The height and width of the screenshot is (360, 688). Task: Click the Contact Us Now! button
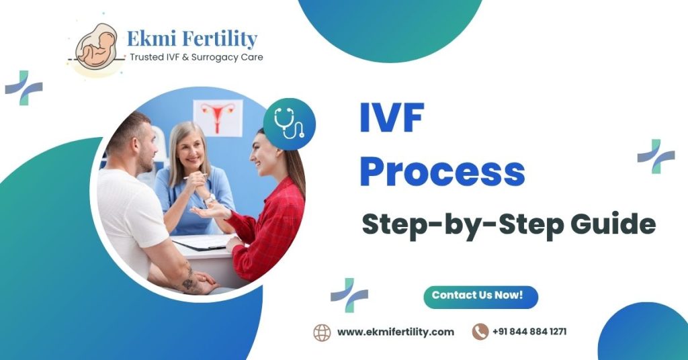(x=480, y=296)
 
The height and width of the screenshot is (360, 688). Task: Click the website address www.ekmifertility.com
(x=395, y=332)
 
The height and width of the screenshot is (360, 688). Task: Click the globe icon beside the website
(x=322, y=332)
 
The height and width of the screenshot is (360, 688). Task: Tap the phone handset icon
(x=480, y=332)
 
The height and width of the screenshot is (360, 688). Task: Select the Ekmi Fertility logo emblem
(x=96, y=48)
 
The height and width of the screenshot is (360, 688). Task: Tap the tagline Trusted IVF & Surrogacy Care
(x=196, y=58)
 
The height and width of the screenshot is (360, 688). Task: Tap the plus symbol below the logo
(x=24, y=88)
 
